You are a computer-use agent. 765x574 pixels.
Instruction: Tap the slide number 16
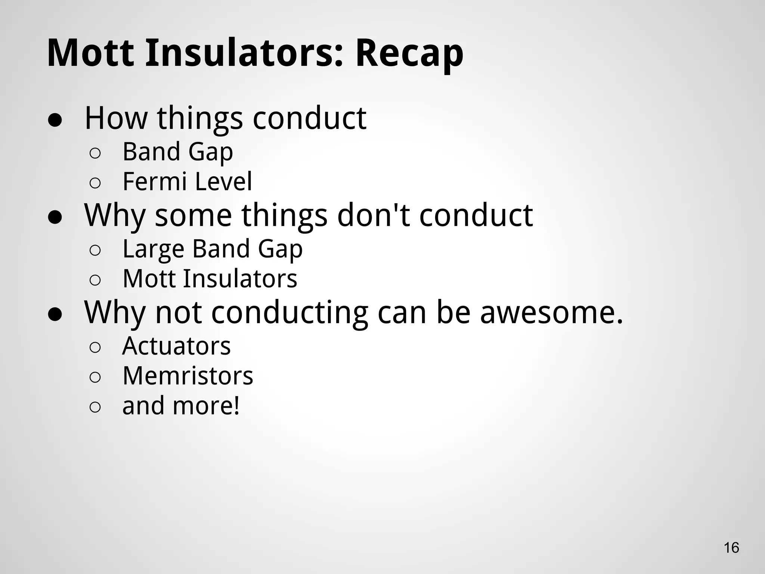click(731, 547)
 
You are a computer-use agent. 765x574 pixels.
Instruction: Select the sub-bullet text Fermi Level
click(187, 182)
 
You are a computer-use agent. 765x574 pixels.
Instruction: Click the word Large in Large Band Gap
click(153, 249)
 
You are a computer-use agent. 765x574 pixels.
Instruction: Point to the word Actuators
click(176, 346)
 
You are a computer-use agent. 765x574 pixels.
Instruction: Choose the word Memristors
click(188, 376)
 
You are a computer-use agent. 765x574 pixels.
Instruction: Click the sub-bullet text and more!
click(181, 406)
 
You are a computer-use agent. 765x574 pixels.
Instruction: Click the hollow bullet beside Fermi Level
click(95, 183)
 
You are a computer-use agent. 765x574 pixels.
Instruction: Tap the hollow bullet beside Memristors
click(95, 377)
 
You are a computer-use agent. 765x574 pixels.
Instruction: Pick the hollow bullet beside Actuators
click(95, 348)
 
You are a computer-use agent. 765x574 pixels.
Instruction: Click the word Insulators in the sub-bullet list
click(240, 279)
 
